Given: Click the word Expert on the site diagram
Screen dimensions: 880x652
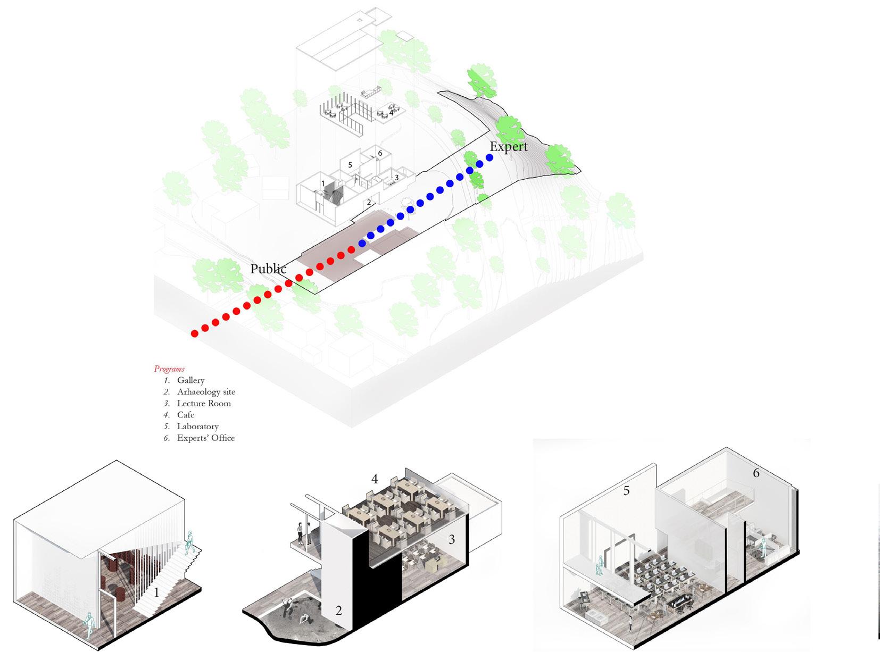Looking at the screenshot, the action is point(508,147).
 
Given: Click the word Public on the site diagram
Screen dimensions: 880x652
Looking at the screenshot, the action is point(268,269).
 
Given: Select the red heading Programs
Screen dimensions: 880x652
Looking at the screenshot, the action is point(169,369).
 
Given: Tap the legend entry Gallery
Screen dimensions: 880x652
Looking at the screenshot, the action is point(190,380).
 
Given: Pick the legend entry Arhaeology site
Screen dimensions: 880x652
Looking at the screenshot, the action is point(206,392).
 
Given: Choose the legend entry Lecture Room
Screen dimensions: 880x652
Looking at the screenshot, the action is point(204,403).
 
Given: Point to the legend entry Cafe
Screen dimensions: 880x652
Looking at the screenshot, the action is point(186,415).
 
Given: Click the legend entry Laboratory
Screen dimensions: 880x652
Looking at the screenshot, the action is point(197,427).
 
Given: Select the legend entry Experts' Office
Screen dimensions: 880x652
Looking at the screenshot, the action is point(205,438).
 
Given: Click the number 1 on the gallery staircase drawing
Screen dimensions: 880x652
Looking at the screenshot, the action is point(156,592).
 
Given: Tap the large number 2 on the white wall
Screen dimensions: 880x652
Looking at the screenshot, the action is point(339,611).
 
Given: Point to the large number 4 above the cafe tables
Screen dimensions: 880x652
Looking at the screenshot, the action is point(375,479).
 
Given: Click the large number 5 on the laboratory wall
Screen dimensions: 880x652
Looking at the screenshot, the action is point(626,490).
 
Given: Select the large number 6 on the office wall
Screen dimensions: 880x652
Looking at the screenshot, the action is point(756,472).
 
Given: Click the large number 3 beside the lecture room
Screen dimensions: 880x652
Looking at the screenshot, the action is point(452,539).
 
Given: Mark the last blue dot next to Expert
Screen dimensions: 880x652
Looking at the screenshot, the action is point(489,158).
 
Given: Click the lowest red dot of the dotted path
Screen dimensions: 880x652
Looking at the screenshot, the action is point(195,334).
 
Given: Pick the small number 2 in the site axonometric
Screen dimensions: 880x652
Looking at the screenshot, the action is point(369,203).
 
